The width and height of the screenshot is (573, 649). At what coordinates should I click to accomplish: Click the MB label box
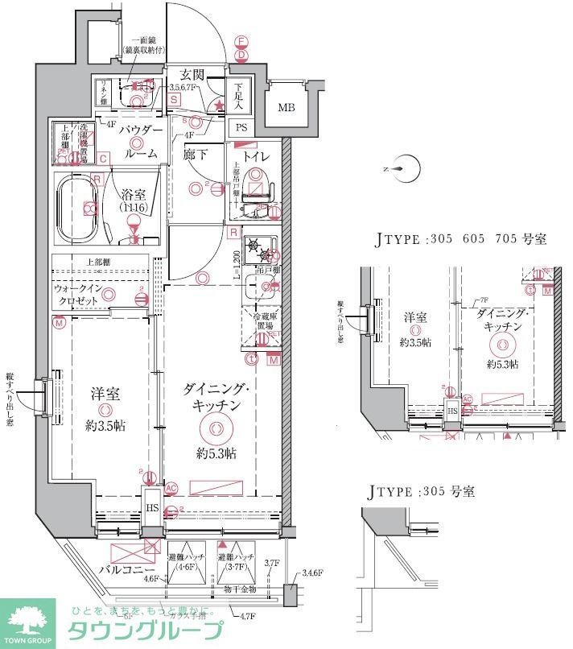tap(286, 108)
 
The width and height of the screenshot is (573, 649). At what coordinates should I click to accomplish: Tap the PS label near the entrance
tap(241, 127)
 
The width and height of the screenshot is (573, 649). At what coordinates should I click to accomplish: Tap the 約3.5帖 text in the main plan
tap(105, 424)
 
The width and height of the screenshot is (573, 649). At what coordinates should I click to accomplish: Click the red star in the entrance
tap(218, 105)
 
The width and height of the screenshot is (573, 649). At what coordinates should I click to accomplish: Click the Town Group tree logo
tap(27, 622)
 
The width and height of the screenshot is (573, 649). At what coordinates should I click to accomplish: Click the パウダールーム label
tap(141, 141)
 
